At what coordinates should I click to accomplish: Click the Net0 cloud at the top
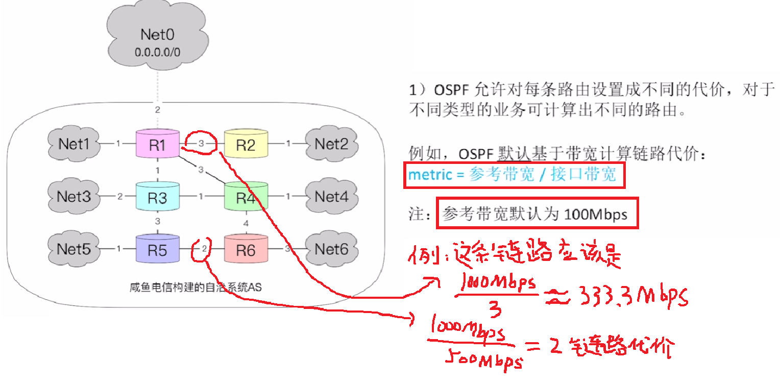point(157,41)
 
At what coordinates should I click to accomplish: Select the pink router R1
point(157,145)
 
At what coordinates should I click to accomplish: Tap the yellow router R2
point(246,145)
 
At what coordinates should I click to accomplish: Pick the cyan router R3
point(157,197)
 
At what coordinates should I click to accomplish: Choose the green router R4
point(246,197)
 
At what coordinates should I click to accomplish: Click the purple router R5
point(157,250)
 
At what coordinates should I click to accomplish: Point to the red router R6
point(246,250)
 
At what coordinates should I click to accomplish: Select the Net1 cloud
point(74,144)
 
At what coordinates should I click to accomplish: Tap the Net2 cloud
point(330,144)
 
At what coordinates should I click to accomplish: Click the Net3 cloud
point(74,196)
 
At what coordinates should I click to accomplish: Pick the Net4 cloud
point(330,196)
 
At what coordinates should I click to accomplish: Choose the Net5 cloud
point(74,249)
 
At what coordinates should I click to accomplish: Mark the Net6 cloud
point(330,249)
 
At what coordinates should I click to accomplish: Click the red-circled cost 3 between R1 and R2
point(201,144)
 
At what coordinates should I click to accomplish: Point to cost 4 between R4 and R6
point(246,223)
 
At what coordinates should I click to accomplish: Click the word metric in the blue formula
point(430,175)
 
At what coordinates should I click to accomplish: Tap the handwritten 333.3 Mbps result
point(632,296)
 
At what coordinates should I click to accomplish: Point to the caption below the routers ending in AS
point(196,287)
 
